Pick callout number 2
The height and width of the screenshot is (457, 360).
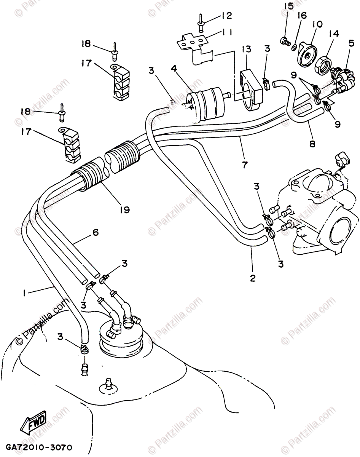coord(252,278)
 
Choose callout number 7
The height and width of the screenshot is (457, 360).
coord(244,165)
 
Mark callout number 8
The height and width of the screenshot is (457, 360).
coord(312,144)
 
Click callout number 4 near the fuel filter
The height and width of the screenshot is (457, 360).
coord(174,69)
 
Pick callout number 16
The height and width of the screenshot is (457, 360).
coord(302,15)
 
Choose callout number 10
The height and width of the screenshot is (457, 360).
coord(317,24)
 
